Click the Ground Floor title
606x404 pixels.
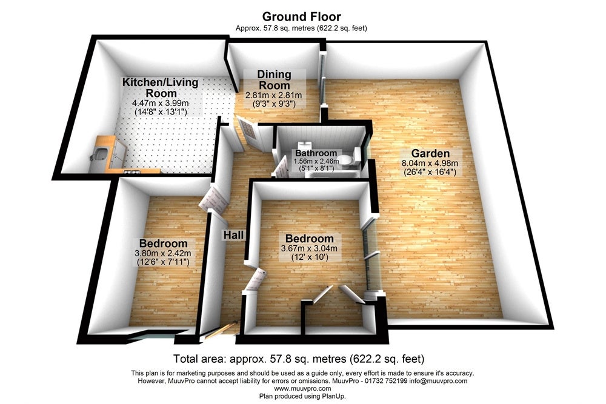click(301, 16)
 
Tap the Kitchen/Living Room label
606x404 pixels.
click(161, 88)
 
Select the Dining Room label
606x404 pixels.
click(274, 79)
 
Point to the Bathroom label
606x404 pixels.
click(316, 153)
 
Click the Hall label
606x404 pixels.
click(233, 235)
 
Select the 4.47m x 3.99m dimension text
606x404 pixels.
click(161, 103)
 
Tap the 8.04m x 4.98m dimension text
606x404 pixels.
click(430, 163)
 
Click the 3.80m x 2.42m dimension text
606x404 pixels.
click(162, 253)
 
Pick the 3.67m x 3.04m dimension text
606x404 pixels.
click(309, 248)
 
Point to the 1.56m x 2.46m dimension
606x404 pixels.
click(316, 162)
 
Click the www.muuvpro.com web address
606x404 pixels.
click(302, 388)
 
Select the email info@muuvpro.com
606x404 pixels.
click(438, 381)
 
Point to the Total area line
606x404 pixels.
click(299, 359)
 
